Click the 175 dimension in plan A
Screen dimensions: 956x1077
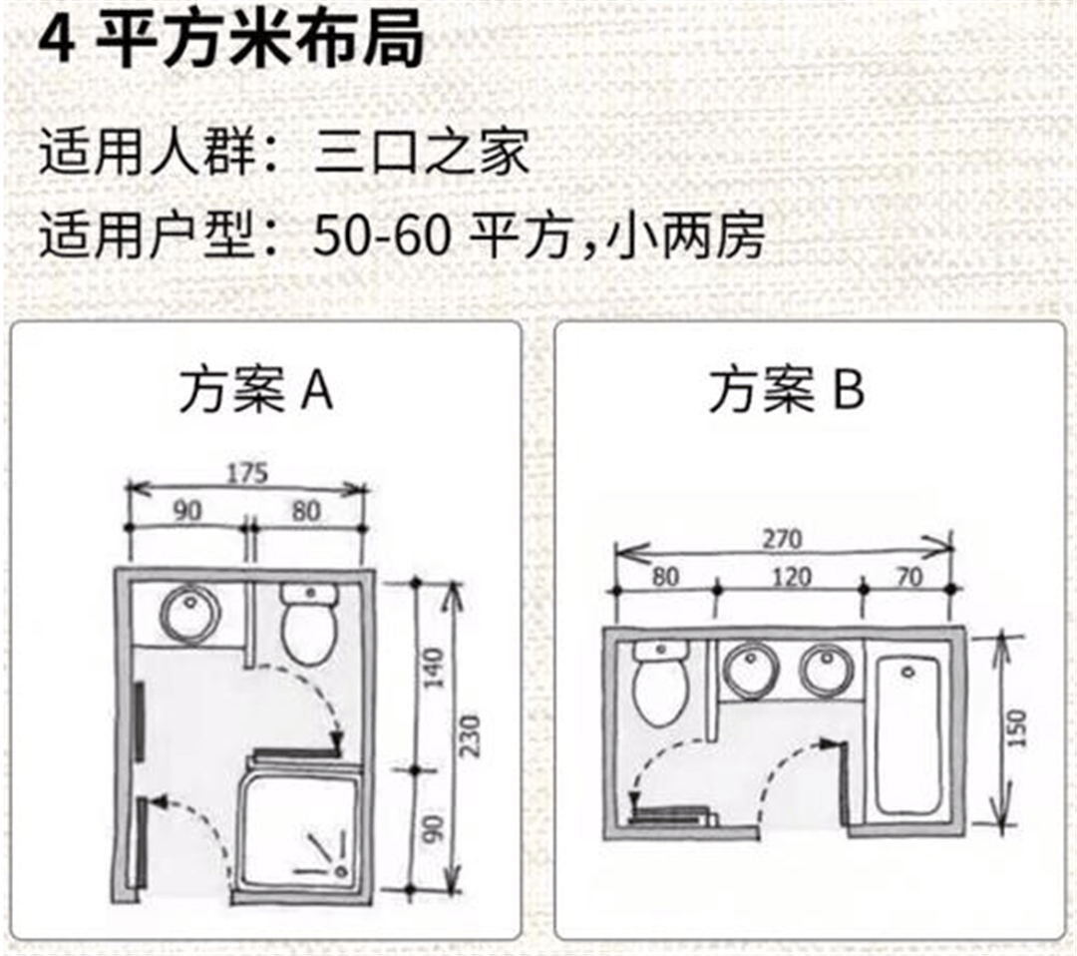[246, 472]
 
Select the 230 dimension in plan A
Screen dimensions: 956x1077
[470, 735]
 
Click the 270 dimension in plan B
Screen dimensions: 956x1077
[783, 539]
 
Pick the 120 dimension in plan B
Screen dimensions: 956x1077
[791, 578]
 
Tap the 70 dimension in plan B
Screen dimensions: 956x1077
[909, 578]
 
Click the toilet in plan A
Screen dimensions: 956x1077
[309, 624]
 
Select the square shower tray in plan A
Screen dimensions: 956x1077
[299, 828]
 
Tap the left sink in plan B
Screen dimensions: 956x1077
[749, 671]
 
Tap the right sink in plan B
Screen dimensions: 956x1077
[825, 671]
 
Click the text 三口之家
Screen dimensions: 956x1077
[422, 156]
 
